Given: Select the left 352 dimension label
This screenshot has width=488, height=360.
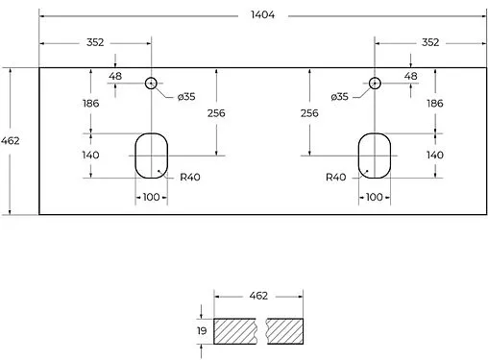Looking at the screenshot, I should coord(94,42).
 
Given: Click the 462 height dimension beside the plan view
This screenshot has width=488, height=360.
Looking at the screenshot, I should coord(12,141).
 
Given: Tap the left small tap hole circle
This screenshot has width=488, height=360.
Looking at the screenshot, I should coord(151,84).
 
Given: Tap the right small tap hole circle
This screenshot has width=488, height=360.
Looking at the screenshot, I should coord(374,84).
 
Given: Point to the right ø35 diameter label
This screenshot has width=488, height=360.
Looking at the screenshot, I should coord(338,98).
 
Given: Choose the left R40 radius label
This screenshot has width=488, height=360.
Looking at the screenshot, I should coord(189,177).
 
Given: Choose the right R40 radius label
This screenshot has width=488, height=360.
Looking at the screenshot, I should coord(335,177).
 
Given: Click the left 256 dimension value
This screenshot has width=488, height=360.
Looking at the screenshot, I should coord(217,112).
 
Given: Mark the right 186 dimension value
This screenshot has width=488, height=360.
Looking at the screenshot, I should coord(434,103).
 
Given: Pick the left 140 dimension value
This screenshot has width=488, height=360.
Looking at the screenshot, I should coord(91,155).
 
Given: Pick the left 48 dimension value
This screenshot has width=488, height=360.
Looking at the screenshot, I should coord(115,76).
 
